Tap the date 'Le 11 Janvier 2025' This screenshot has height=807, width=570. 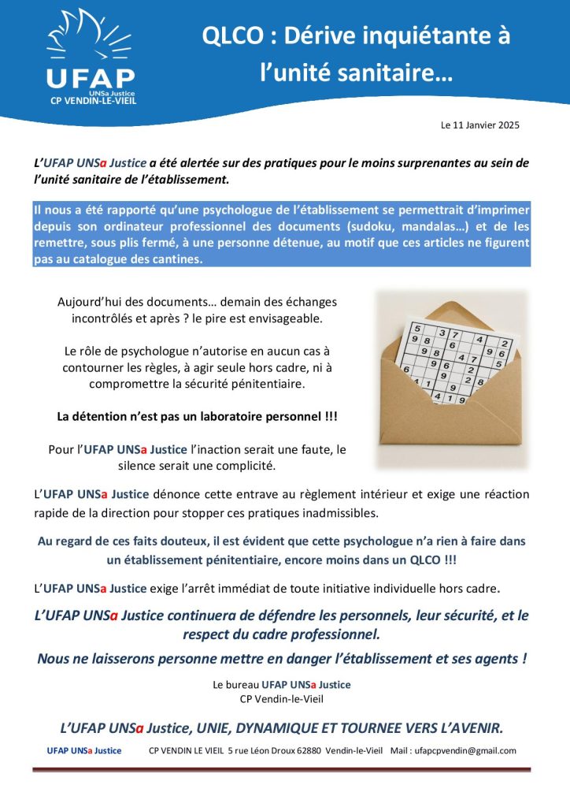pyautogui.click(x=479, y=125)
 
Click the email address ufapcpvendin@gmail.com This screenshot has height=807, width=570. pyautogui.click(x=465, y=750)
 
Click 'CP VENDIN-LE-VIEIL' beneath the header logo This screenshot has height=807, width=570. pyautogui.click(x=90, y=101)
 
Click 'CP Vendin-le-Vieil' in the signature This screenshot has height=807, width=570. pyautogui.click(x=282, y=698)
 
